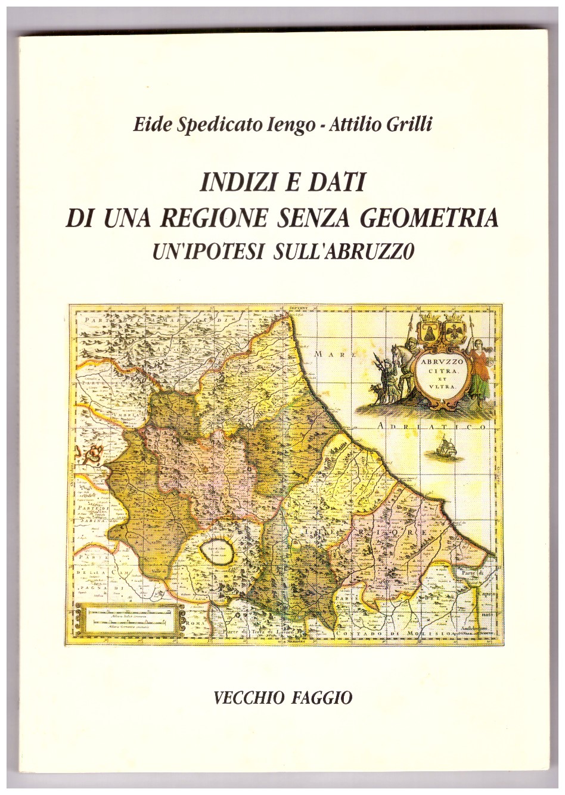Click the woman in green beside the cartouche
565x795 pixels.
point(479,369)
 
